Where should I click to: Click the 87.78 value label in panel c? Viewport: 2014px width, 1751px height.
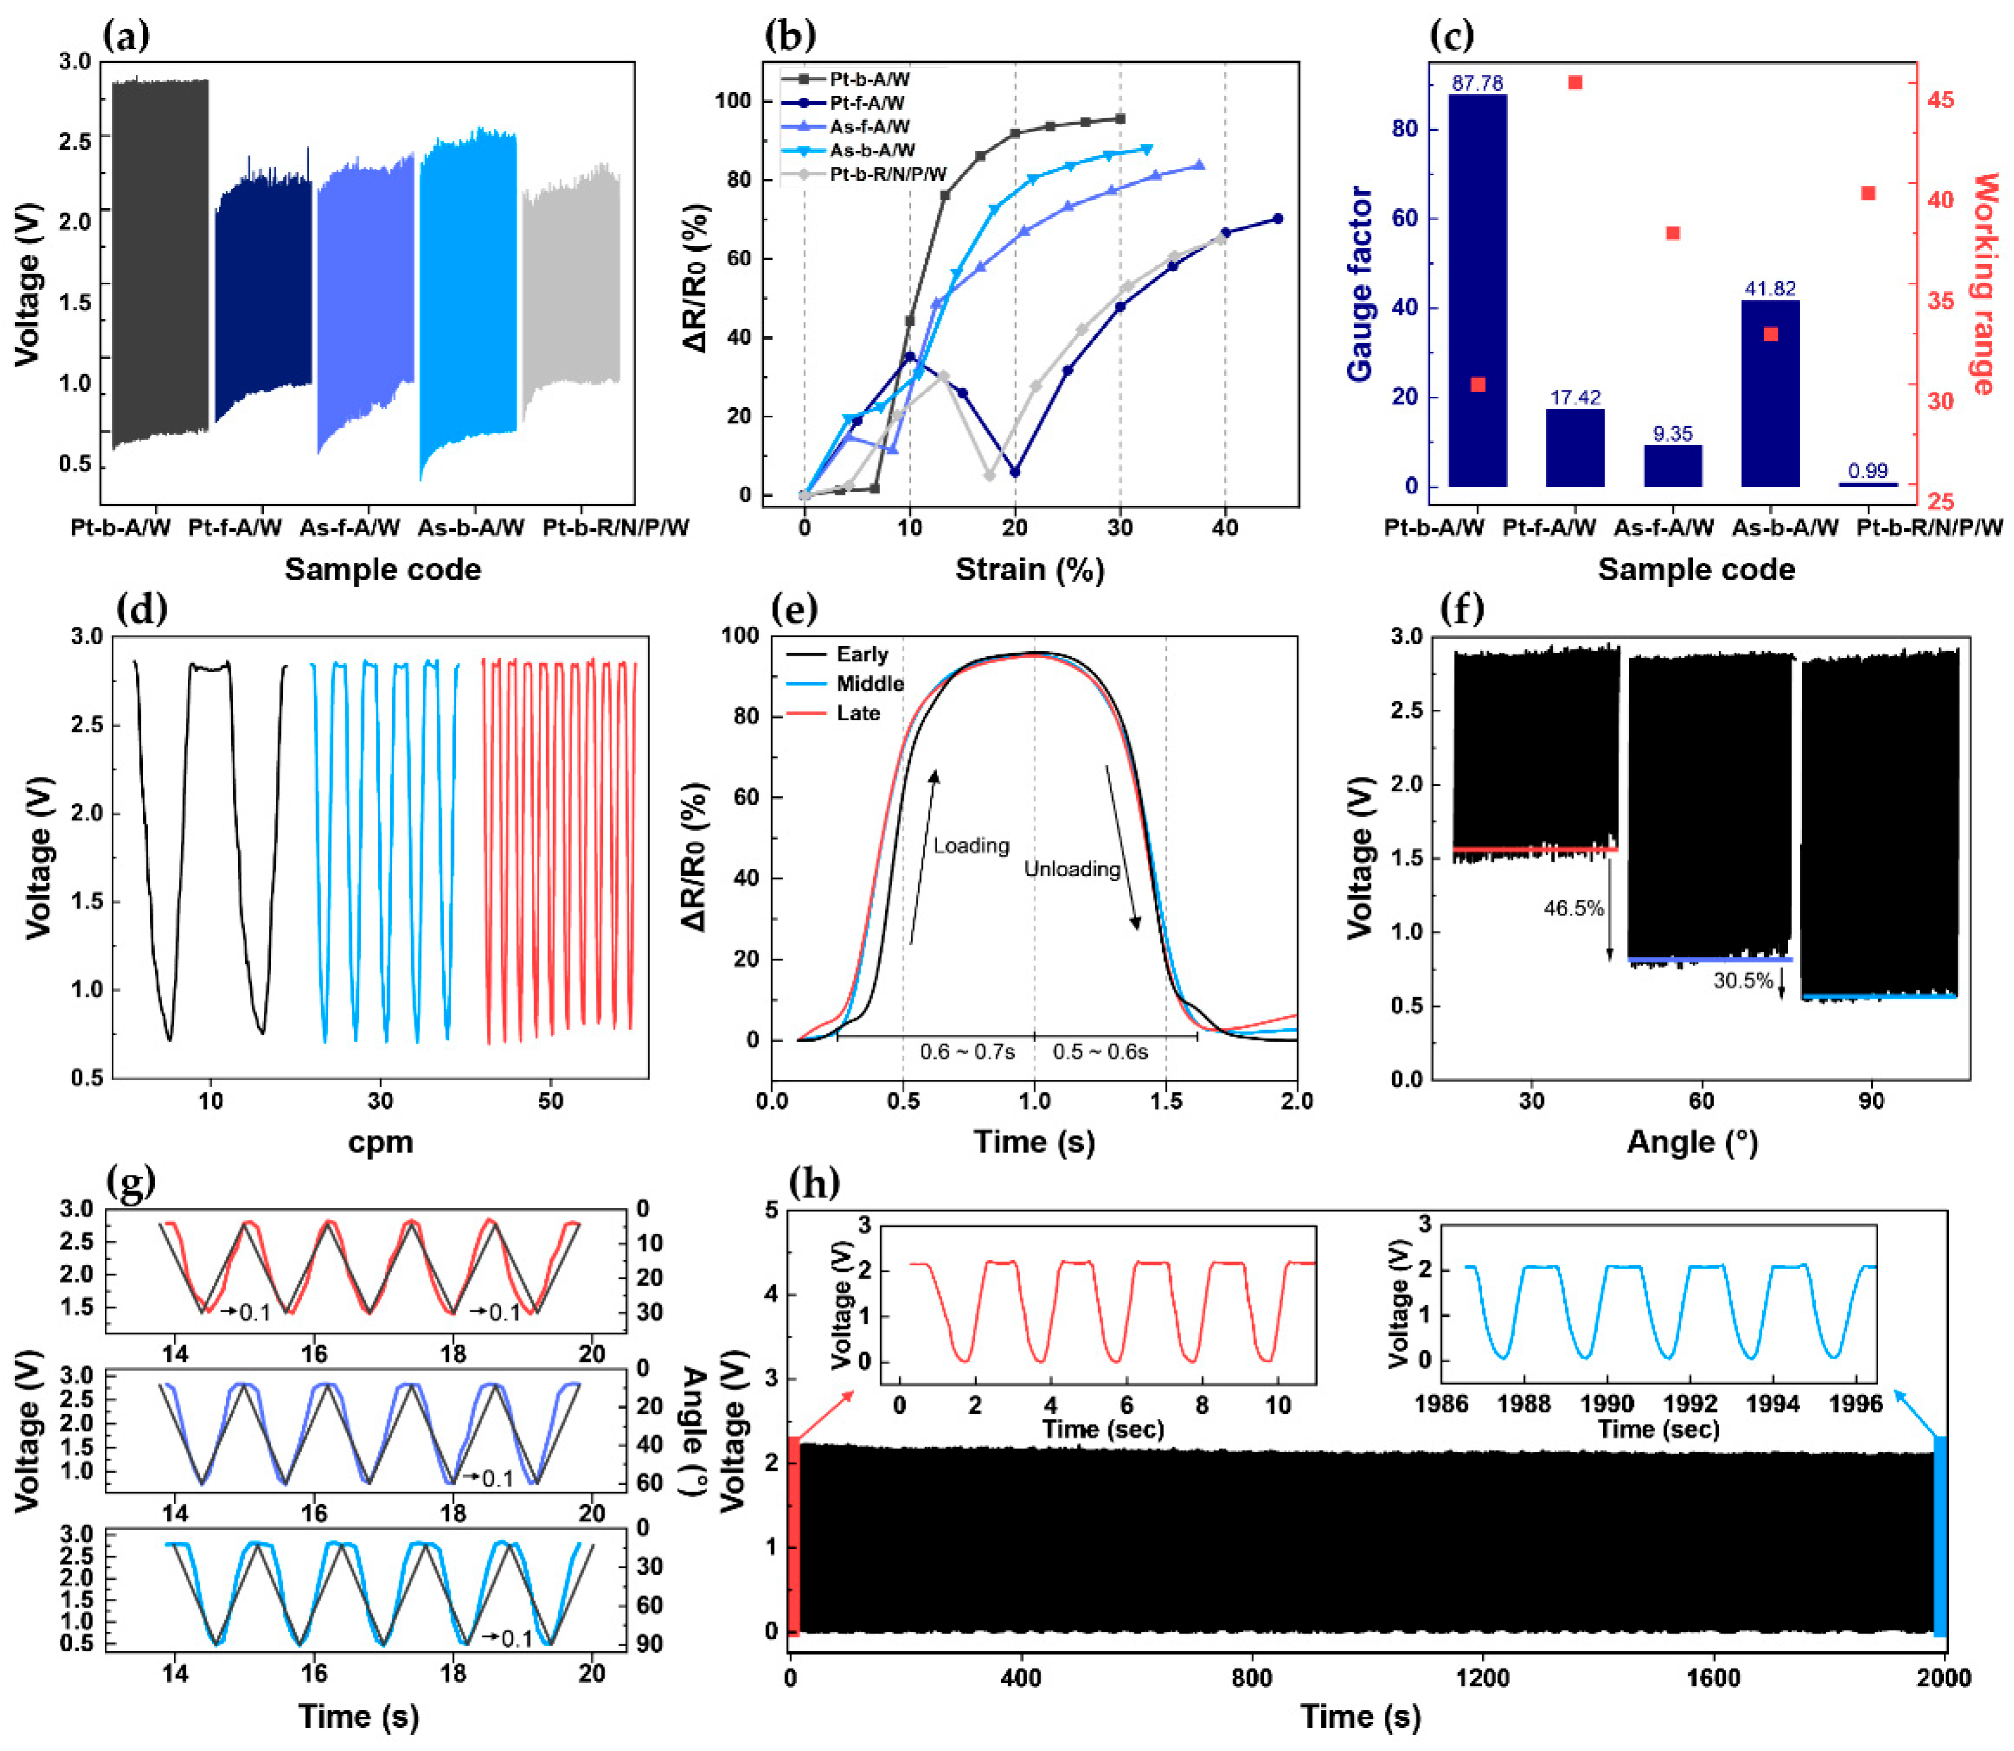click(x=1477, y=84)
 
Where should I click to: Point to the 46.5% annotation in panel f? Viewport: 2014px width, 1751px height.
click(x=1573, y=908)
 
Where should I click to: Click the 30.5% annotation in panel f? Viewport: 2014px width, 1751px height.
click(x=1742, y=981)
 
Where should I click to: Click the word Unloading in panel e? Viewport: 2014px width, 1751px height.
click(x=1072, y=869)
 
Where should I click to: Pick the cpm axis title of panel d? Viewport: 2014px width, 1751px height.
click(x=381, y=1142)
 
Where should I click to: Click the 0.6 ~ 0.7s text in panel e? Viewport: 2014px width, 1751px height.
click(x=966, y=1052)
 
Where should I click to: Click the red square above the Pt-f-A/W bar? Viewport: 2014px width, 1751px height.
click(x=1575, y=83)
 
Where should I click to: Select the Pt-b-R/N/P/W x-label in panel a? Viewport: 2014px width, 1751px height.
click(x=616, y=528)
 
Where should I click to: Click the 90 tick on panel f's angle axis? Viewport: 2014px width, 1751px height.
click(x=1870, y=1101)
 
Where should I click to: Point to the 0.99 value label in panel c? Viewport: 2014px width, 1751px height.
click(x=1868, y=471)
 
